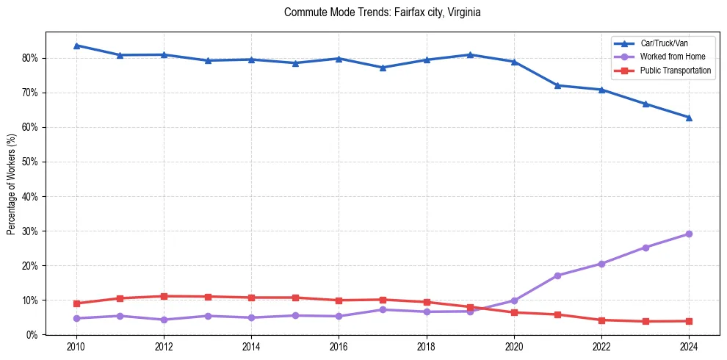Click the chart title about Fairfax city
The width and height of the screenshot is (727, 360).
tap(382, 12)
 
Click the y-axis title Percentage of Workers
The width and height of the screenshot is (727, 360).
tap(11, 184)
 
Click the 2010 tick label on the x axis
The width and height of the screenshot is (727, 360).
tap(76, 347)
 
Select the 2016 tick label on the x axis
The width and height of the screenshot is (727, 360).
tap(339, 347)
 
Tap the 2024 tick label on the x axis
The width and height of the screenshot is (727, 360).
tap(689, 347)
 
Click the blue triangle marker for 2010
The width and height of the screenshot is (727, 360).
tap(76, 46)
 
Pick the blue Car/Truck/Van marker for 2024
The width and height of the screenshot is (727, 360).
tap(689, 118)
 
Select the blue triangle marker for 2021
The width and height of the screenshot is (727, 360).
tap(557, 85)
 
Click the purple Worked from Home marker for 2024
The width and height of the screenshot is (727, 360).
tap(689, 234)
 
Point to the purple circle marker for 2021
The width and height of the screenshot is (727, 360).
tap(557, 276)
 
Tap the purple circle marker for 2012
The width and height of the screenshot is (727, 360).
tap(164, 320)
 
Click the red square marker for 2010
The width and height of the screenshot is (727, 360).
tap(76, 303)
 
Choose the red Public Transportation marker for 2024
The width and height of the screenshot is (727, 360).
tap(689, 321)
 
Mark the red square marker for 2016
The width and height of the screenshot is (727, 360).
tap(339, 300)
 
